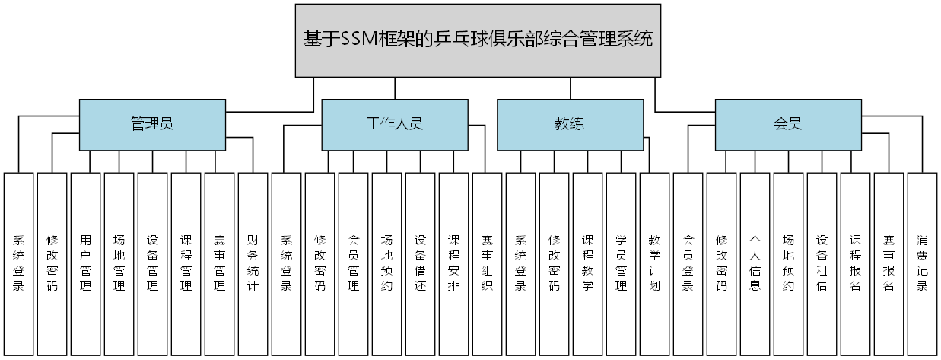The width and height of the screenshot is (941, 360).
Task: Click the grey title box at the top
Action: [478, 40]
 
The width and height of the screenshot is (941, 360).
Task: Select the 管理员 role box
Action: [152, 124]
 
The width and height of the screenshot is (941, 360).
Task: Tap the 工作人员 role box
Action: [394, 124]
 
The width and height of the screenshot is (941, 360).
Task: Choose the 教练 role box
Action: [570, 124]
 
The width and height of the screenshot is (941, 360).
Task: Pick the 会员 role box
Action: [788, 124]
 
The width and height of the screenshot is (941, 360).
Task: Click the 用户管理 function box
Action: [86, 263]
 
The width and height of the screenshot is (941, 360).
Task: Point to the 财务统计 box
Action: [253, 263]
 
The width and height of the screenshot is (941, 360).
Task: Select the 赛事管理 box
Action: [220, 263]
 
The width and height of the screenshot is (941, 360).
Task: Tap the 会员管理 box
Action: [354, 263]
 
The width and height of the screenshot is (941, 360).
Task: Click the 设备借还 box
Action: [421, 263]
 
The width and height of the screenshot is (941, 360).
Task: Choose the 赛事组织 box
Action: [488, 263]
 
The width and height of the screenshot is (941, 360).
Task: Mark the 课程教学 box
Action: [588, 263]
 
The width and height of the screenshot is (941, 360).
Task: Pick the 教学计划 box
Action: [655, 263]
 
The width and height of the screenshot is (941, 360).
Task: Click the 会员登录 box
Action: [688, 263]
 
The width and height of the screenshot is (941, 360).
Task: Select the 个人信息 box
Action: [755, 263]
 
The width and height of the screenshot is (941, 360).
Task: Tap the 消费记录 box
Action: [922, 263]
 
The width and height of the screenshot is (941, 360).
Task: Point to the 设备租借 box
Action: [822, 263]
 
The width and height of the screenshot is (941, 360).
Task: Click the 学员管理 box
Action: [622, 263]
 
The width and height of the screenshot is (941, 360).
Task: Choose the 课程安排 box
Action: [454, 263]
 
